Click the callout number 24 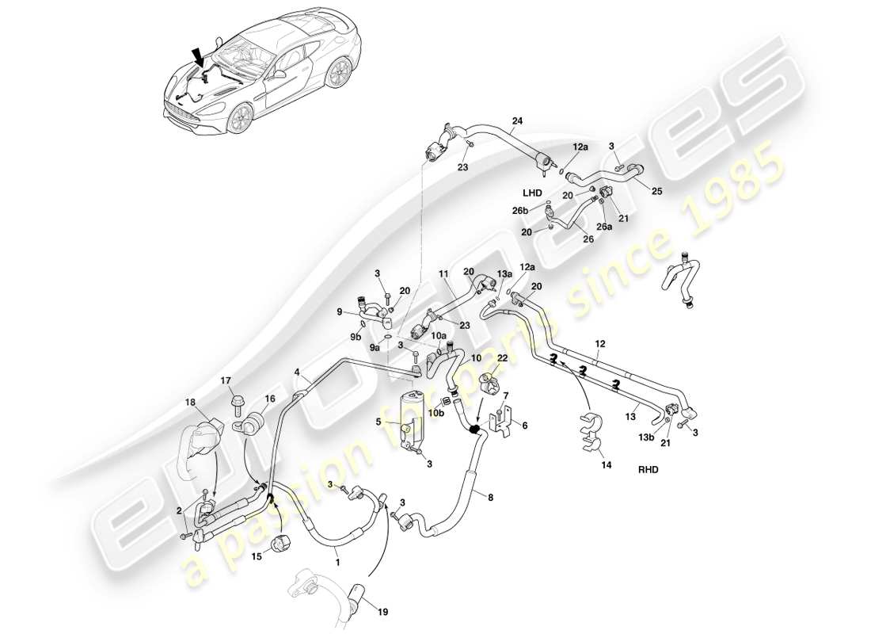tap(517, 121)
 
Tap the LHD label tap(531, 193)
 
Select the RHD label tap(648, 468)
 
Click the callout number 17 tap(226, 381)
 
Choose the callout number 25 tap(657, 191)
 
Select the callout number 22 tap(502, 358)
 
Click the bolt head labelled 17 tap(235, 405)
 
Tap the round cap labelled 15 tap(282, 546)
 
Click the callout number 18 tap(190, 404)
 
